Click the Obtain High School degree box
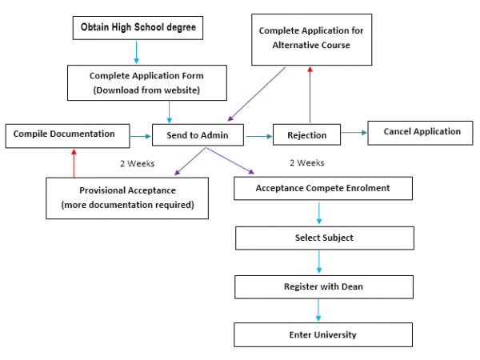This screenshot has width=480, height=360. tap(138, 29)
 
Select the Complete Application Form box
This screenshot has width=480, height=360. tap(146, 82)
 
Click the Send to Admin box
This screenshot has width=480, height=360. tap(197, 135)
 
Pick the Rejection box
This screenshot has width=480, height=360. tap(311, 135)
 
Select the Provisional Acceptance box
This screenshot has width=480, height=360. tap(127, 197)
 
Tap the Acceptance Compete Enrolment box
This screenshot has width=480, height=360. tap(323, 189)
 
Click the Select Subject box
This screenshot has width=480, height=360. tap(324, 238)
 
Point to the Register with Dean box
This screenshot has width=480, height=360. tap(324, 286)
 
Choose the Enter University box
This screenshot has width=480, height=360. tap(323, 334)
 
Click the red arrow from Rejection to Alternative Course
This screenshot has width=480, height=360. tap(310, 94)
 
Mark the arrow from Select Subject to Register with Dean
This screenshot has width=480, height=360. tap(319, 262)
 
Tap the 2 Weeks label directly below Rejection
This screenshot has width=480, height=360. tap(306, 162)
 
